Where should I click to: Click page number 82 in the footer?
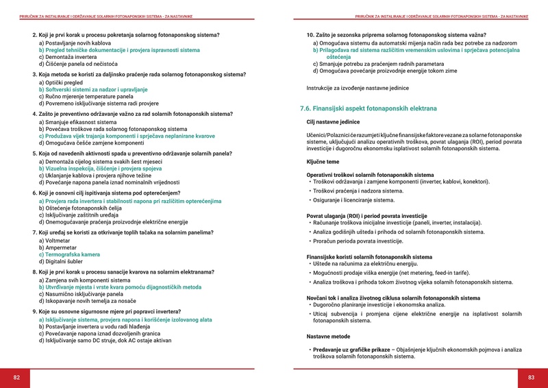coord(17,377)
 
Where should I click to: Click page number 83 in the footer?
coord(530,377)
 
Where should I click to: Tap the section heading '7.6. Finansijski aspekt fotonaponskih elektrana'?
coord(368,109)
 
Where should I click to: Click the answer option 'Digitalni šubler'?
coord(66,262)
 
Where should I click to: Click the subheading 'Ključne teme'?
coord(322,161)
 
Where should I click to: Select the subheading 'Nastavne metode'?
coord(327,337)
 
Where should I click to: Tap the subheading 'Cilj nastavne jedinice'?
coord(332,122)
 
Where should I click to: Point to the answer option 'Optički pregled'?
coord(61,82)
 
